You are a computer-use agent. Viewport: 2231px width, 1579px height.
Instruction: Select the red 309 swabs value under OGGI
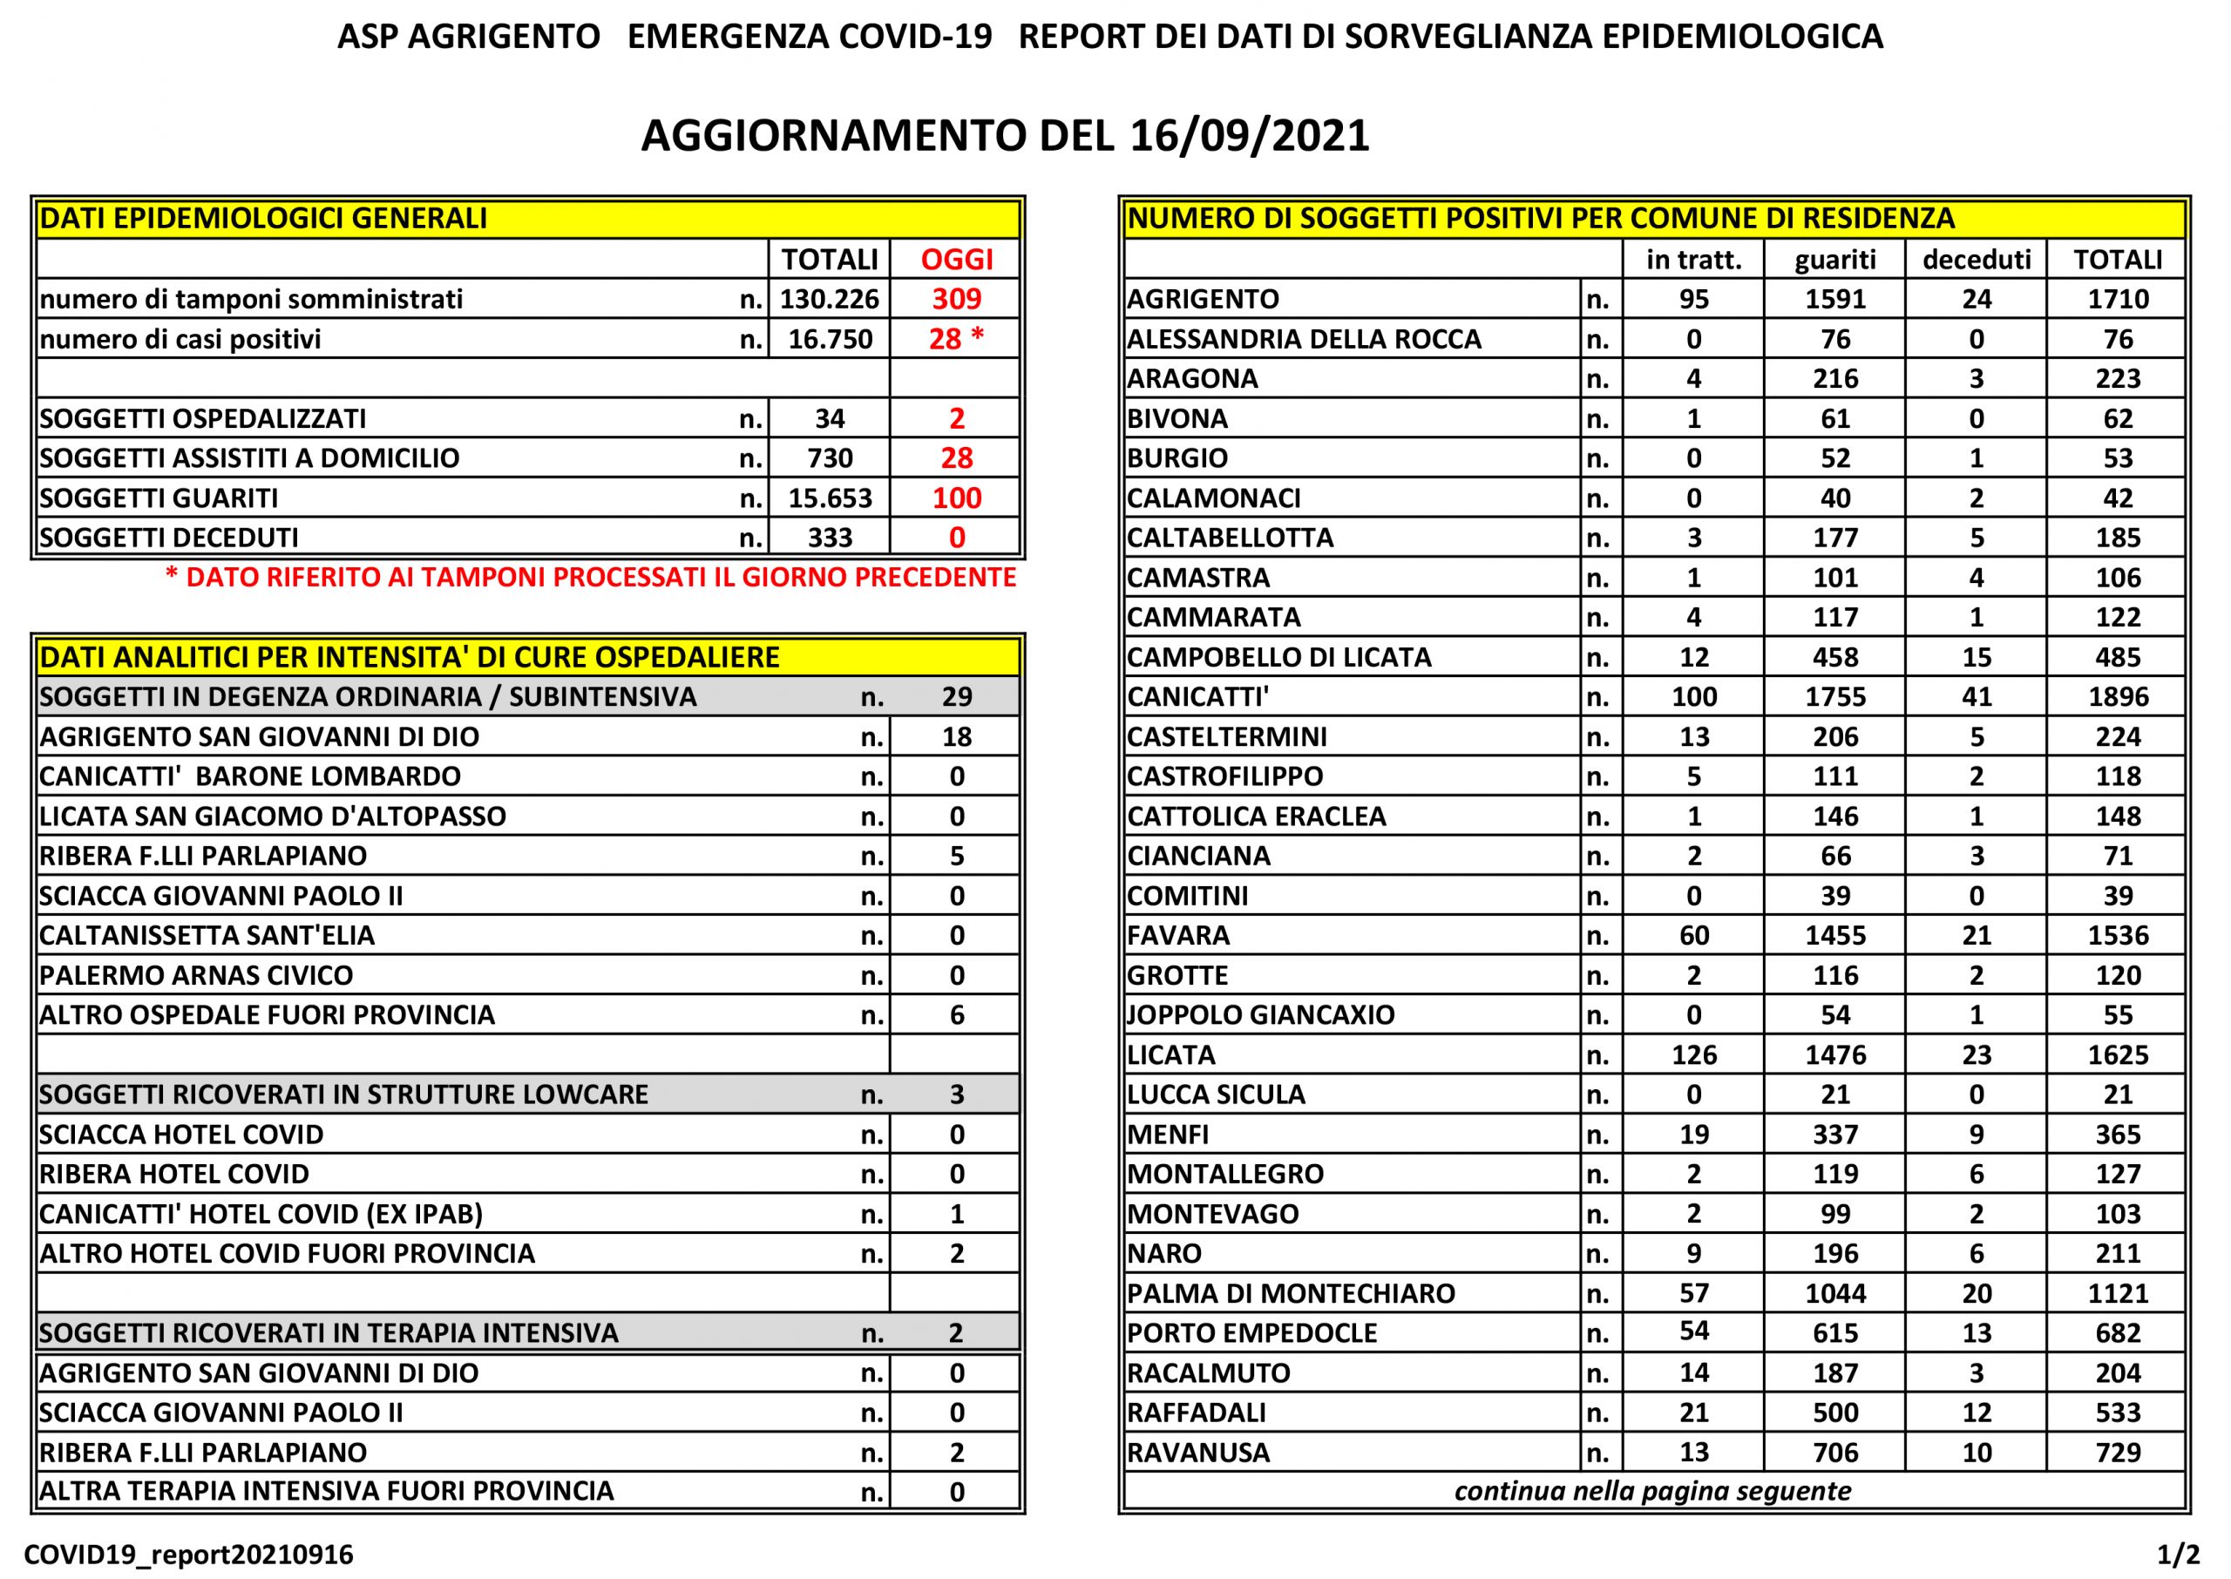point(957,299)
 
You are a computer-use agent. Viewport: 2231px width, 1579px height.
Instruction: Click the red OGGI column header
point(957,259)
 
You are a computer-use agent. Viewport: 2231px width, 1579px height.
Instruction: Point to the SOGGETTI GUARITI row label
point(159,498)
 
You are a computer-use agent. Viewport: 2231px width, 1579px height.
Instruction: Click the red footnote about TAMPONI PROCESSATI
point(590,578)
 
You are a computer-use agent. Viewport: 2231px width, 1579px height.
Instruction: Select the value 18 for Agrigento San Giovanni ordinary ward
point(957,736)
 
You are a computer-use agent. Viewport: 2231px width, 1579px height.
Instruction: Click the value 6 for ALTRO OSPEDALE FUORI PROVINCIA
point(957,1015)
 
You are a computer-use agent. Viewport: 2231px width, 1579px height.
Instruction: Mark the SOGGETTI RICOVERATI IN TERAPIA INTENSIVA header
point(329,1332)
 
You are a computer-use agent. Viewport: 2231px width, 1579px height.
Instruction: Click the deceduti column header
point(1977,259)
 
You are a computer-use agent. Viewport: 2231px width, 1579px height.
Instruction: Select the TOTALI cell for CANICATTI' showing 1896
point(2117,696)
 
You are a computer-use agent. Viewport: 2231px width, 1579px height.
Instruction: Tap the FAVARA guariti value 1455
point(1835,935)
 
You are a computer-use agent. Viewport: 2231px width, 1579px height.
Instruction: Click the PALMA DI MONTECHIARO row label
point(1290,1293)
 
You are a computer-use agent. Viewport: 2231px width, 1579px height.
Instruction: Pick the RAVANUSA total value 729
point(2117,1453)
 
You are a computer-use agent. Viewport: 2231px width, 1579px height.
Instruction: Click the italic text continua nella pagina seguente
point(1651,1492)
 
